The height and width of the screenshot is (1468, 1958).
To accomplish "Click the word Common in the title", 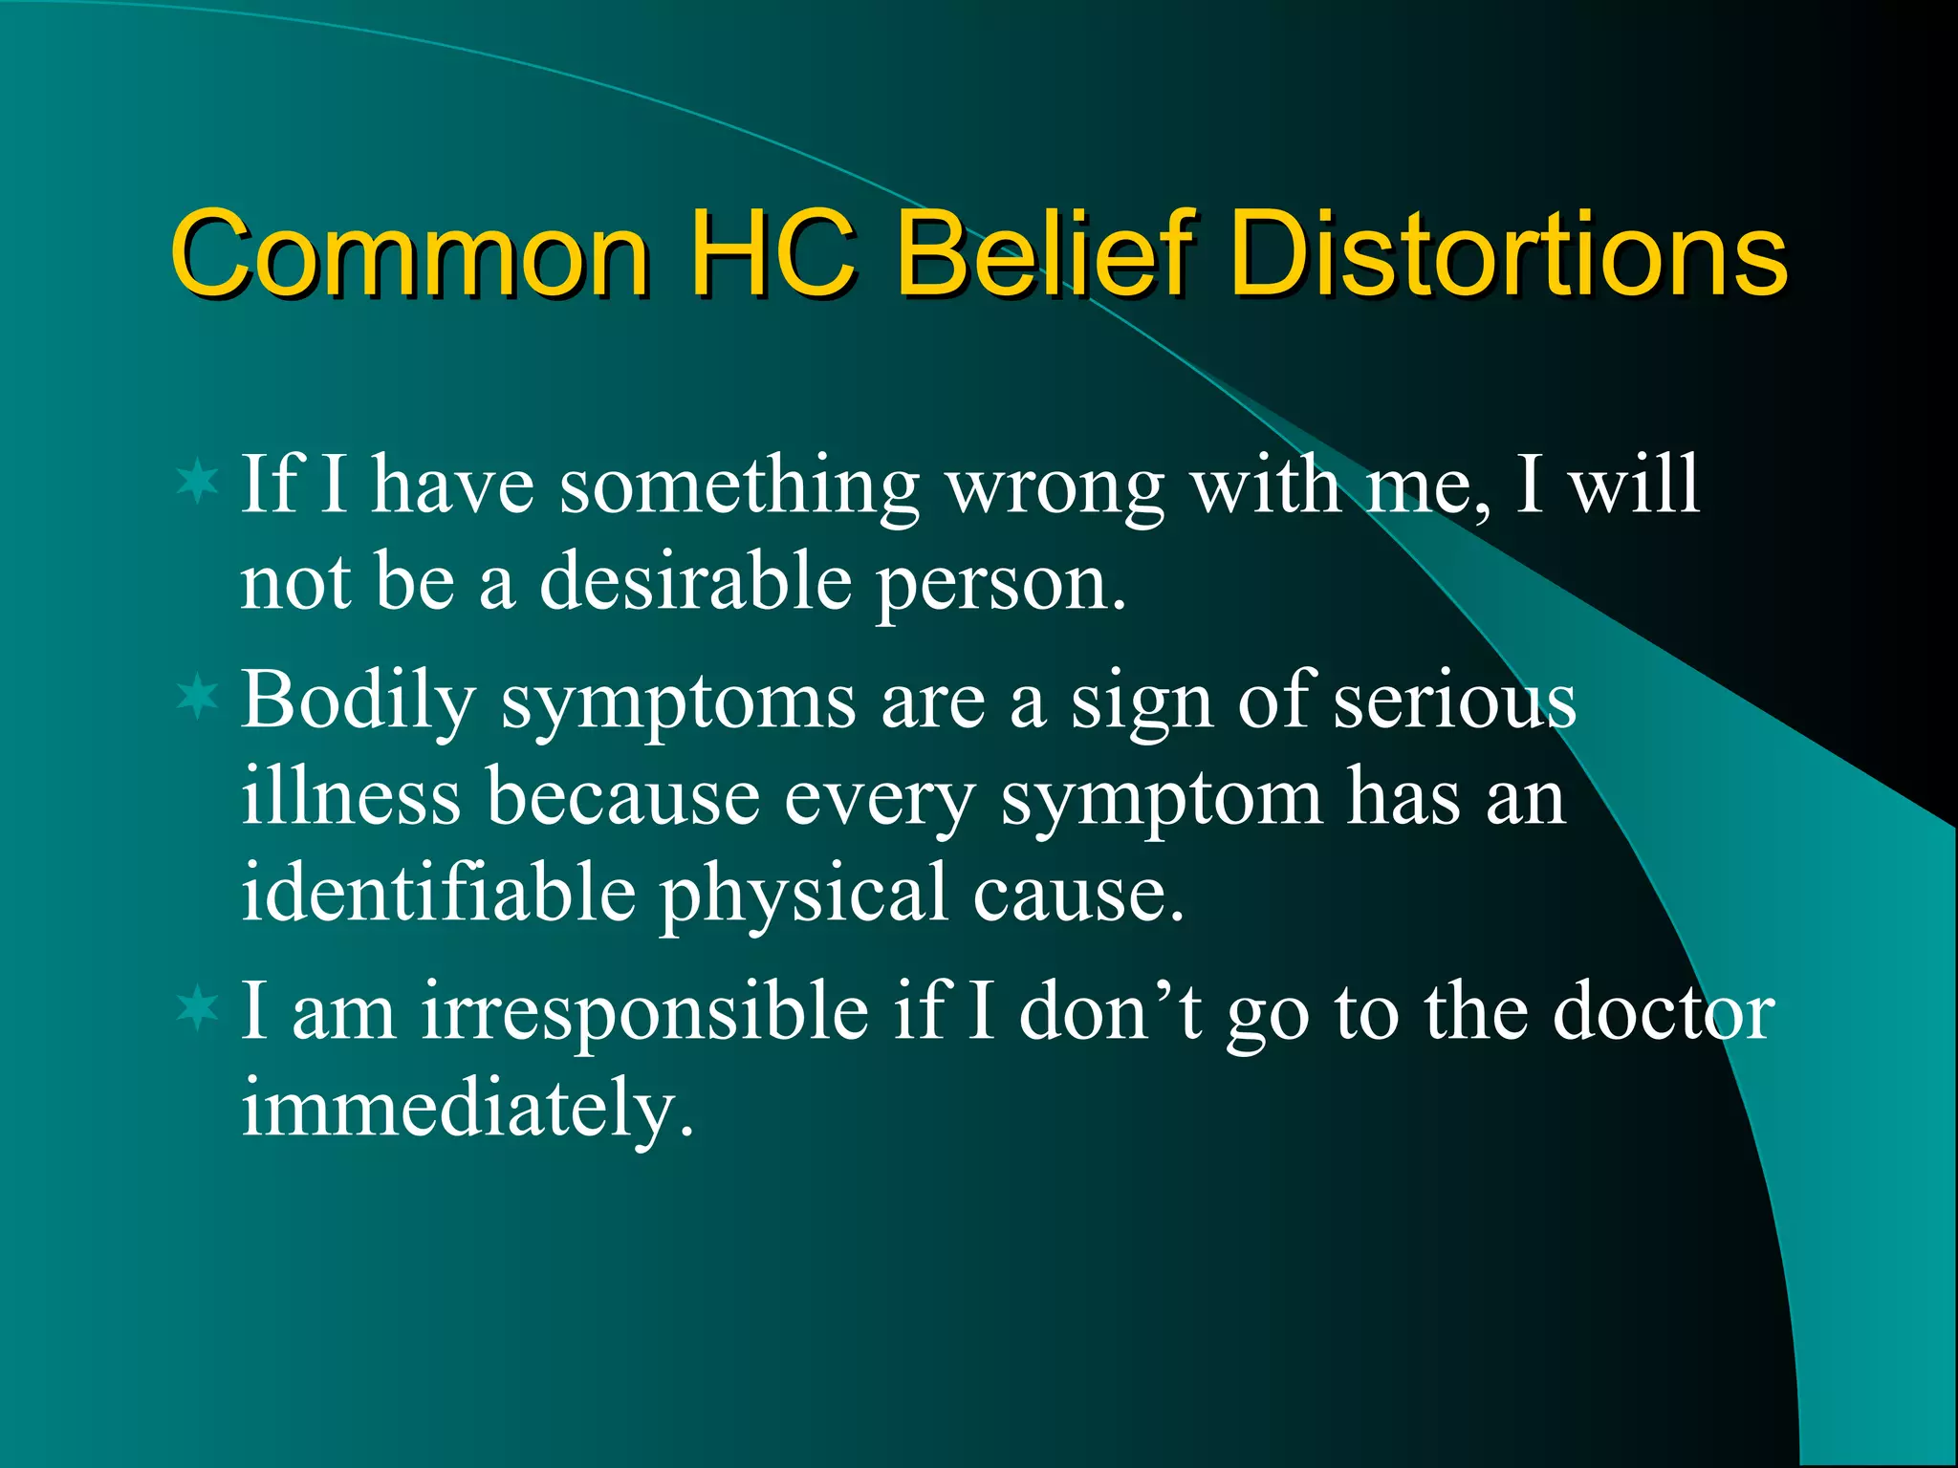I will click(411, 254).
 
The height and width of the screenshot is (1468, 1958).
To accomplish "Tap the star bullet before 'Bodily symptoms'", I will click(198, 697).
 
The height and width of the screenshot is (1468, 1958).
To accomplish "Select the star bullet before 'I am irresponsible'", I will click(198, 1007).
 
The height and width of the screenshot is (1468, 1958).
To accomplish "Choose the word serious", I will click(1454, 701).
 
